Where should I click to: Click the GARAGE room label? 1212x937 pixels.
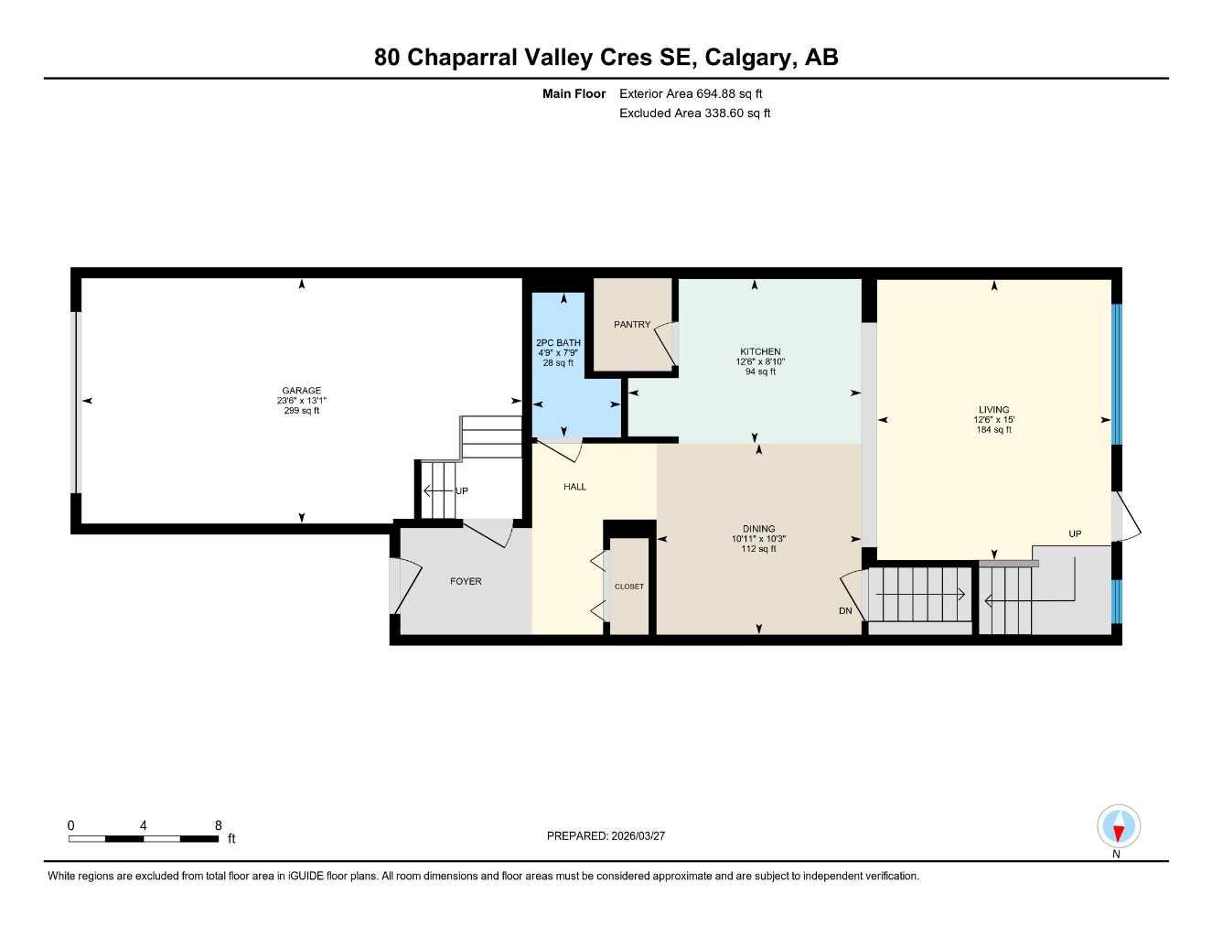click(x=301, y=391)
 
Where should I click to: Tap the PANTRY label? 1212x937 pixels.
click(x=632, y=325)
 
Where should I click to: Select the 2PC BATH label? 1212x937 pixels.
click(x=558, y=343)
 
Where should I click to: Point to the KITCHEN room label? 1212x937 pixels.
click(x=760, y=351)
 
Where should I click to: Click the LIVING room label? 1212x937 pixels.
click(x=993, y=410)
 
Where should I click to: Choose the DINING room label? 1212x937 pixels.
click(x=758, y=529)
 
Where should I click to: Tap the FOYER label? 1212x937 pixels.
click(x=466, y=581)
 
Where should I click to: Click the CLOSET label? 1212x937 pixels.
click(x=628, y=587)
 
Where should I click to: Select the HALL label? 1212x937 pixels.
click(x=574, y=487)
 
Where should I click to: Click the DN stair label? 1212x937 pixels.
click(x=845, y=611)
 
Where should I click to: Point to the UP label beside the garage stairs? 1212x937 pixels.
click(x=462, y=491)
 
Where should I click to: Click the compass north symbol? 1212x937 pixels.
click(x=1118, y=828)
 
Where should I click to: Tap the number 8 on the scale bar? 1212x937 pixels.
click(x=218, y=825)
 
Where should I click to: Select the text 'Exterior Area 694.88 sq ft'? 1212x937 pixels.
click(x=691, y=93)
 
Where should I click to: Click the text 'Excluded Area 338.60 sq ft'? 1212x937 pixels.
click(x=694, y=113)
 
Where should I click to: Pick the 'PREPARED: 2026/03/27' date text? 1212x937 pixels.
click(x=606, y=835)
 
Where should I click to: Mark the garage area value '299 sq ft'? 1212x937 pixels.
click(x=301, y=411)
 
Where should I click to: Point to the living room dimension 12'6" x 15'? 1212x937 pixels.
click(x=993, y=420)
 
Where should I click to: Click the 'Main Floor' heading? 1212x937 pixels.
click(x=574, y=93)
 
